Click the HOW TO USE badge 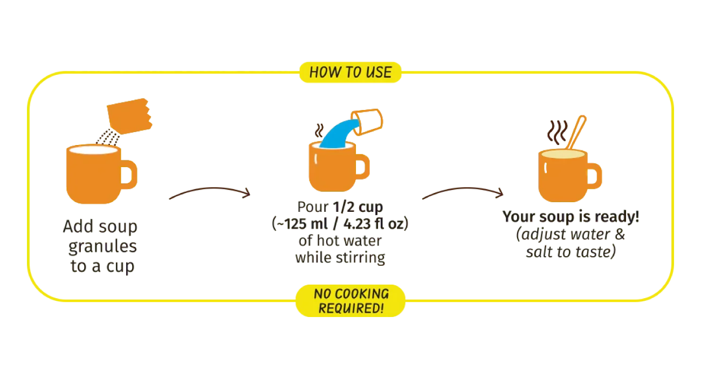350,72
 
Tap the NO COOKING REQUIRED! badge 350,301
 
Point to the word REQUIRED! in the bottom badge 351,308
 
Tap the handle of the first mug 129,175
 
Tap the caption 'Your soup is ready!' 572,235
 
